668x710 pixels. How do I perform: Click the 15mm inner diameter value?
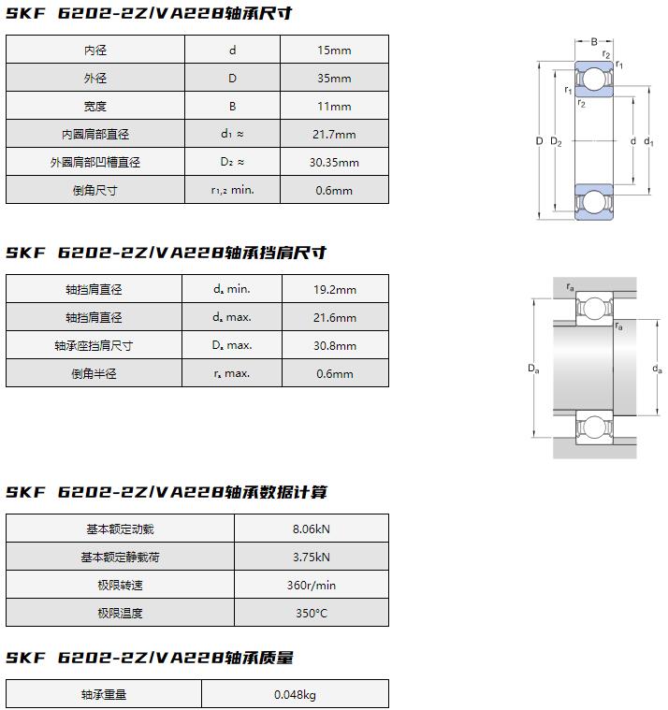click(334, 51)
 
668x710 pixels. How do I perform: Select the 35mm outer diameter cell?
click(334, 79)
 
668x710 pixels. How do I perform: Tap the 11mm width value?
click(334, 107)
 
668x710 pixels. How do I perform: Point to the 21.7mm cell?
click(334, 135)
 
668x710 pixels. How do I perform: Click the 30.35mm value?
click(335, 163)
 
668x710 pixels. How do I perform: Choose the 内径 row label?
click(95, 51)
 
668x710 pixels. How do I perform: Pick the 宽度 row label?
click(95, 107)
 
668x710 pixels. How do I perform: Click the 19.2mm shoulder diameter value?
click(335, 290)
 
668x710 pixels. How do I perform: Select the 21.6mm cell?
click(335, 318)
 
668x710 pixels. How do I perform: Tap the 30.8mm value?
click(335, 346)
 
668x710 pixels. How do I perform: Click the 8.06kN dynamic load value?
click(312, 529)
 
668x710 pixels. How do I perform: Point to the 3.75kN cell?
click(312, 558)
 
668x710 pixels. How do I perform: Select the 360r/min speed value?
click(312, 586)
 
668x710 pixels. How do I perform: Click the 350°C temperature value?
click(312, 614)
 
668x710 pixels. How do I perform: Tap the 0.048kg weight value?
click(295, 695)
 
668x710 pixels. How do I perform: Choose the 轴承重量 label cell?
click(103, 695)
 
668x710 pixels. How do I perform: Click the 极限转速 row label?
click(120, 586)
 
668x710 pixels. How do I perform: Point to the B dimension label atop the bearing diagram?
click(593, 41)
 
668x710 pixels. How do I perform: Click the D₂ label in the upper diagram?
click(556, 141)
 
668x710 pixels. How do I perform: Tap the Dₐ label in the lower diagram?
click(533, 370)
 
